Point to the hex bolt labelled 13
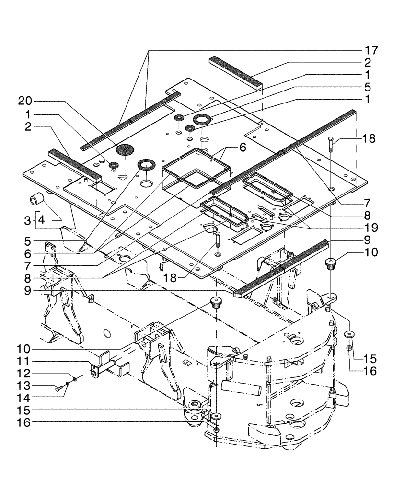click(x=58, y=389)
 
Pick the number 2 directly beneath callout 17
click(x=367, y=62)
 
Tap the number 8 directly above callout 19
click(x=367, y=214)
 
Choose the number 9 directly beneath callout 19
click(x=367, y=239)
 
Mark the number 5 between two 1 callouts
click(x=367, y=87)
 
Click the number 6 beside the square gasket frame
click(x=243, y=148)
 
